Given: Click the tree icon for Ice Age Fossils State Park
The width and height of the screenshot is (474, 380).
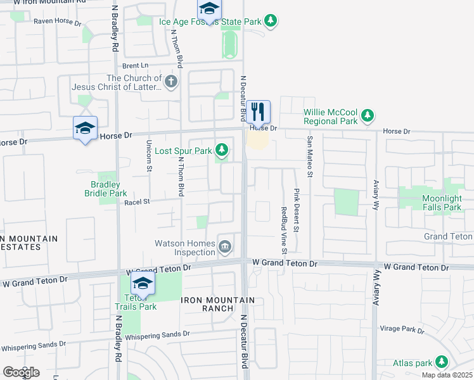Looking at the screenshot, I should coord(271,21).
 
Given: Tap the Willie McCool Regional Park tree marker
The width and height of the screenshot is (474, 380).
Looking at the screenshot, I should coord(367,115).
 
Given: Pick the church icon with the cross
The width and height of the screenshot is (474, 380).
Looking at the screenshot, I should coord(170,81).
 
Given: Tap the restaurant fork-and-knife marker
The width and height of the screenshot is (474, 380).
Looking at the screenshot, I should coord(258,113).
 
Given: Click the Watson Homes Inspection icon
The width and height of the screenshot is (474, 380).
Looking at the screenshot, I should coord(225,246).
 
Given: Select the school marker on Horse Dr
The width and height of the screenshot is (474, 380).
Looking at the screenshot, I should coord(85,129).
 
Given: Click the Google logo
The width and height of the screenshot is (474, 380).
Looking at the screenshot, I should coord(21,372).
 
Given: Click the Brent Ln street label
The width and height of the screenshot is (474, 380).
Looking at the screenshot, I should coord(135,65).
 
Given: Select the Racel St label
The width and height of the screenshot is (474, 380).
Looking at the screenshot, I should coord(137,202).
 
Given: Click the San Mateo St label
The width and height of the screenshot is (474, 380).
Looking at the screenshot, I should coord(310,156).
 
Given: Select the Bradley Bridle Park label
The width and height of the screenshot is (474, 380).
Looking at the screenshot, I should coord(106,189).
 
